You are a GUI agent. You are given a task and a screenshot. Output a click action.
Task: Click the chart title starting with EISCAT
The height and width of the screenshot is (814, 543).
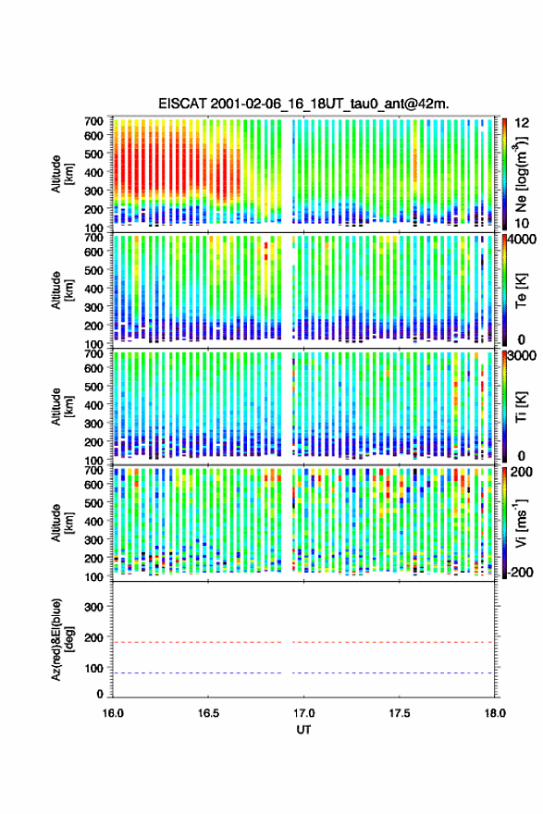tap(303, 104)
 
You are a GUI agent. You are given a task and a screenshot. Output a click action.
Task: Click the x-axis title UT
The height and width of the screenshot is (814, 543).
tap(303, 730)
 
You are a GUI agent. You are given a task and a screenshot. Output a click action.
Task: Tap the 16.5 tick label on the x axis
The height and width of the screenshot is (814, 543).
tap(208, 713)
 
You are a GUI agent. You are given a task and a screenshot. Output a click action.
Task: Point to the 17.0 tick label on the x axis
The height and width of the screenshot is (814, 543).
tap(303, 713)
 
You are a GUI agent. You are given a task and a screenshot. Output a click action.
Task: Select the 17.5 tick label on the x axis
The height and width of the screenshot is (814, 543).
tap(400, 713)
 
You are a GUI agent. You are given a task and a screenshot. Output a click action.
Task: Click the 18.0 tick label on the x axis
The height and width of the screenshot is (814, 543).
tap(495, 713)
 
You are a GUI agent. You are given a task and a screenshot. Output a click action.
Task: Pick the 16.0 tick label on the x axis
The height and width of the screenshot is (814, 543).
tap(113, 713)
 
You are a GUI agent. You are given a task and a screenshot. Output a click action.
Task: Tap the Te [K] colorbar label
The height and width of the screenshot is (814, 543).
tap(521, 290)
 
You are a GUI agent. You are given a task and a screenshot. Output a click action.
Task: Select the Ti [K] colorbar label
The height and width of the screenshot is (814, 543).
tap(521, 406)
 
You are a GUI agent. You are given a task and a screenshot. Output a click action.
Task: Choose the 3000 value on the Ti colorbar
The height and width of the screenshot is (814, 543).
tap(523, 355)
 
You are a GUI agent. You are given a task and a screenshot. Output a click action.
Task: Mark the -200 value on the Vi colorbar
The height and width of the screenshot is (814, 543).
tap(519, 572)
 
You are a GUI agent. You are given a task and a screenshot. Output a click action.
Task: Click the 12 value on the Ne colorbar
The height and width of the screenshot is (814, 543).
tap(522, 123)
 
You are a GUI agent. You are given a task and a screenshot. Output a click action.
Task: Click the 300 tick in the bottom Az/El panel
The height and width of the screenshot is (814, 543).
tap(94, 607)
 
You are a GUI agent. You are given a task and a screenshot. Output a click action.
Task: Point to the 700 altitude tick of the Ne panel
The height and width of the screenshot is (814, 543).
tap(94, 121)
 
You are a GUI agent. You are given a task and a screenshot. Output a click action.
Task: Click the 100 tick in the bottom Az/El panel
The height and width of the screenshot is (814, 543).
tap(94, 668)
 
